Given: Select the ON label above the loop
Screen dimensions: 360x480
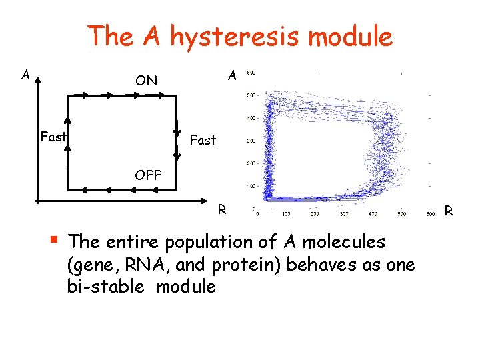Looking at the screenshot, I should pos(146,81).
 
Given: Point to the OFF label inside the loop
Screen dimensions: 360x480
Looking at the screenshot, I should pos(147,175).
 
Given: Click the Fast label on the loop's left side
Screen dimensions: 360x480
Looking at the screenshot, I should pos(53,137).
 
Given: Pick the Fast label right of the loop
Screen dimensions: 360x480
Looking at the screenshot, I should pos(203,140).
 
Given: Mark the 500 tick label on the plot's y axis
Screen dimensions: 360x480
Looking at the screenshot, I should pos(252,96).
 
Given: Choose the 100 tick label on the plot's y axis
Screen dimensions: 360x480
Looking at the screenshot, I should pos(252,186).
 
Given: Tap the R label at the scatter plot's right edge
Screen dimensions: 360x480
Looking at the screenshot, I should pos(449,211).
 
